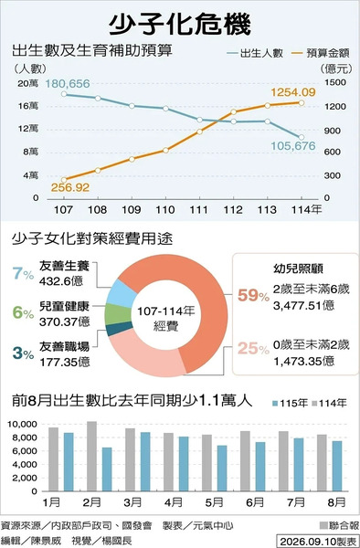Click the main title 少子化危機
180,26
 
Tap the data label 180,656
68,84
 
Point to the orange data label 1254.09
293,92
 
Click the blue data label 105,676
293,146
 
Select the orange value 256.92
70,187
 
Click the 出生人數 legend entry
255,54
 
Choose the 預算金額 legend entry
322,54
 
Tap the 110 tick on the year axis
164,210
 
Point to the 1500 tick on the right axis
334,82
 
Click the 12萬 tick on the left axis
28,129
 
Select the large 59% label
253,296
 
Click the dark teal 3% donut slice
119,329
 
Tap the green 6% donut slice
118,313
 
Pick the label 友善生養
64,266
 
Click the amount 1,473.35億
303,361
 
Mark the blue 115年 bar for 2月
107,469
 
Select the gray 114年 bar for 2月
92,456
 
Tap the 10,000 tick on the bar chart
22,425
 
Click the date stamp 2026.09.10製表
317,541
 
